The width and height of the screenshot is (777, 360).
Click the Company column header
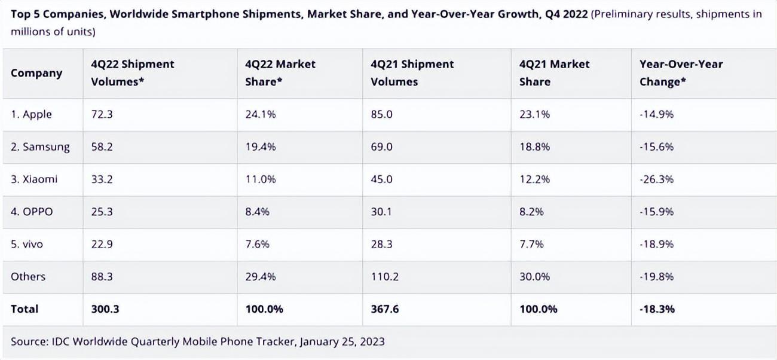point(36,73)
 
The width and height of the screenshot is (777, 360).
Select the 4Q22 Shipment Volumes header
point(133,73)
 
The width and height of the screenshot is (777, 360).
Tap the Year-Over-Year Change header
point(681,73)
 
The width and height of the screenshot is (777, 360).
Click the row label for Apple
point(31,114)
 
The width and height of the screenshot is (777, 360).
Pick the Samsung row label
point(40,147)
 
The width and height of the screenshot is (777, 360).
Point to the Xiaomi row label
point(34,179)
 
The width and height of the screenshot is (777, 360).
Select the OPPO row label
point(32,212)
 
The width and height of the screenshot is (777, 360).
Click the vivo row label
point(27,244)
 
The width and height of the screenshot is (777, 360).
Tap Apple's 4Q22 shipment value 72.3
point(102,114)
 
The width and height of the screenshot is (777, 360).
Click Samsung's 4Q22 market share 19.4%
point(261,147)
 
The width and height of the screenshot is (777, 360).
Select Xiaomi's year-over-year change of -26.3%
point(656,179)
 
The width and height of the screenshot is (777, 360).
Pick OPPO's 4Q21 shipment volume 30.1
point(381,212)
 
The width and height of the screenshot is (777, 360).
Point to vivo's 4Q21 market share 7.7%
point(532,244)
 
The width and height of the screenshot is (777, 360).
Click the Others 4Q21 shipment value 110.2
point(385,276)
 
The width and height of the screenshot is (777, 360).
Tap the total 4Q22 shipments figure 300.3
point(105,309)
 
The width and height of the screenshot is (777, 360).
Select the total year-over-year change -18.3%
point(657,309)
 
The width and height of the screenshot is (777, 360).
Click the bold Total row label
point(25,309)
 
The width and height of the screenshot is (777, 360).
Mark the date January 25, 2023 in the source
point(342,341)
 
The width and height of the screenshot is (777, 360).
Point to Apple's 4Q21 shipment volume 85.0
point(381,114)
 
